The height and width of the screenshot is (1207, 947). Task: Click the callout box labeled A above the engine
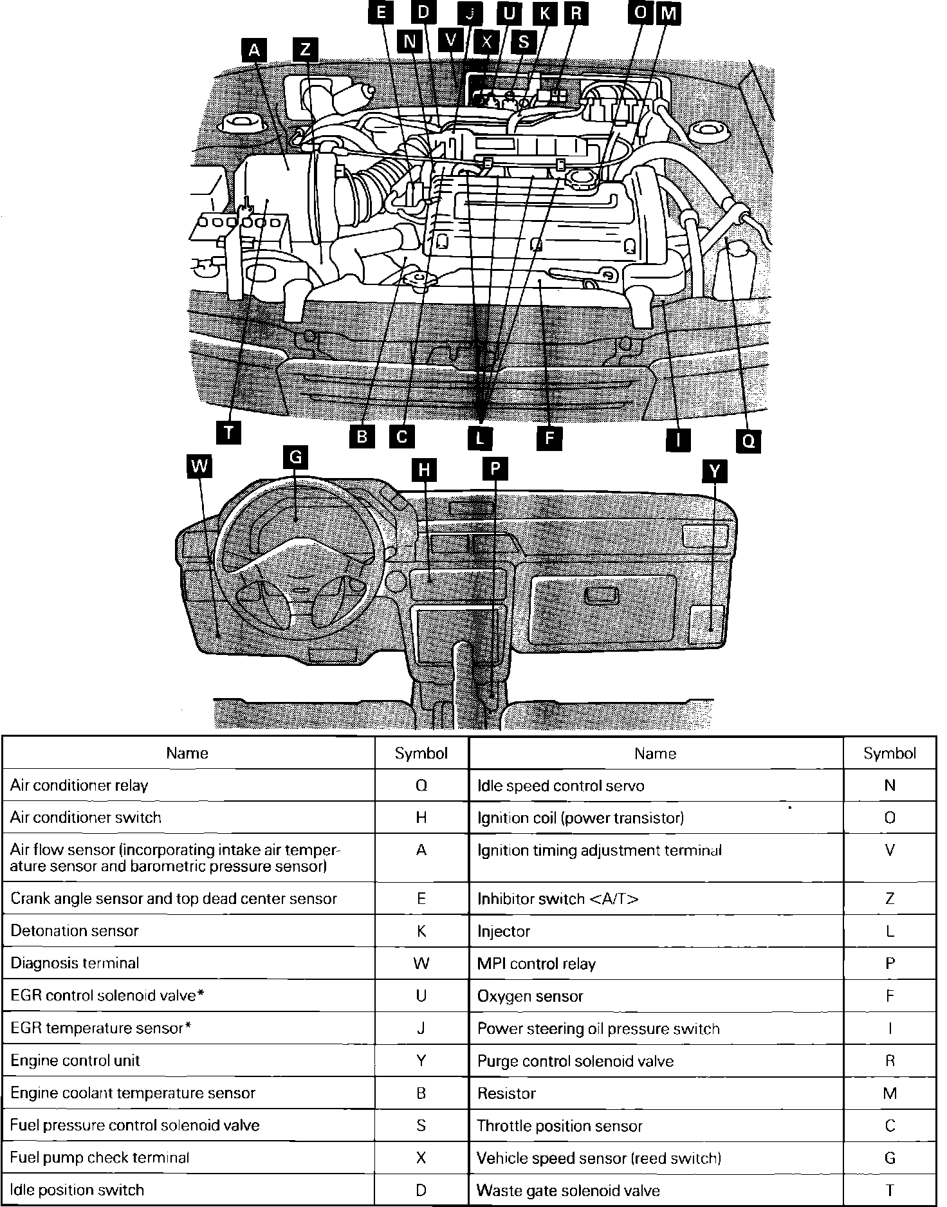[255, 50]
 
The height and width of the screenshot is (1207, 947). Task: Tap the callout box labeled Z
[305, 50]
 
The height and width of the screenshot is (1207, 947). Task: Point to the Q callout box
[749, 441]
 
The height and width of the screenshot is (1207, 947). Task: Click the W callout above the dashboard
[199, 466]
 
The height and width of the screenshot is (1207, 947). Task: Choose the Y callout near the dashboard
[715, 471]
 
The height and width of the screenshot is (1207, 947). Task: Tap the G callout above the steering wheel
[295, 457]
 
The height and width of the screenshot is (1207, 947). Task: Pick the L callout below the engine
[480, 439]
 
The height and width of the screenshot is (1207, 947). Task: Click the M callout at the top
[668, 14]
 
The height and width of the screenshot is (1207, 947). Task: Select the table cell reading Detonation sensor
[75, 931]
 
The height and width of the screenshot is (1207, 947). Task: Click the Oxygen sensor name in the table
[530, 997]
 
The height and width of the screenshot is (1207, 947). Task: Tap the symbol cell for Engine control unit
[421, 1061]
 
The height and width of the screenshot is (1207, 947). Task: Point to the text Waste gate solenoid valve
[569, 1191]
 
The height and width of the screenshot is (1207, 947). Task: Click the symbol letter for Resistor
[890, 1094]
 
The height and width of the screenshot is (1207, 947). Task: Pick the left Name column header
[187, 753]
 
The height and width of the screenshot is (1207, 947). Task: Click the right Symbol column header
[890, 753]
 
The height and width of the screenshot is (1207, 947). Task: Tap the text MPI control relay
[537, 964]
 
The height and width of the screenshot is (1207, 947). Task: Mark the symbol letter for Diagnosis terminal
[421, 963]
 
